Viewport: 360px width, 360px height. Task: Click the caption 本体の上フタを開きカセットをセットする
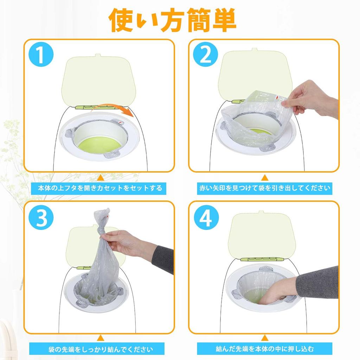(100, 188)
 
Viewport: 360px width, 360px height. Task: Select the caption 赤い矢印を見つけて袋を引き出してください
(264, 188)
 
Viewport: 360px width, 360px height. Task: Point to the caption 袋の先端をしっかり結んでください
(100, 349)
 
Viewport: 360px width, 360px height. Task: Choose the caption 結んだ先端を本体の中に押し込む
(264, 349)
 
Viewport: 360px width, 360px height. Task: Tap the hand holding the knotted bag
(123, 243)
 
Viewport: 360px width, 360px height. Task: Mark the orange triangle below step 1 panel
(101, 177)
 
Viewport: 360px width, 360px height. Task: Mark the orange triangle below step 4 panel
(264, 338)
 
